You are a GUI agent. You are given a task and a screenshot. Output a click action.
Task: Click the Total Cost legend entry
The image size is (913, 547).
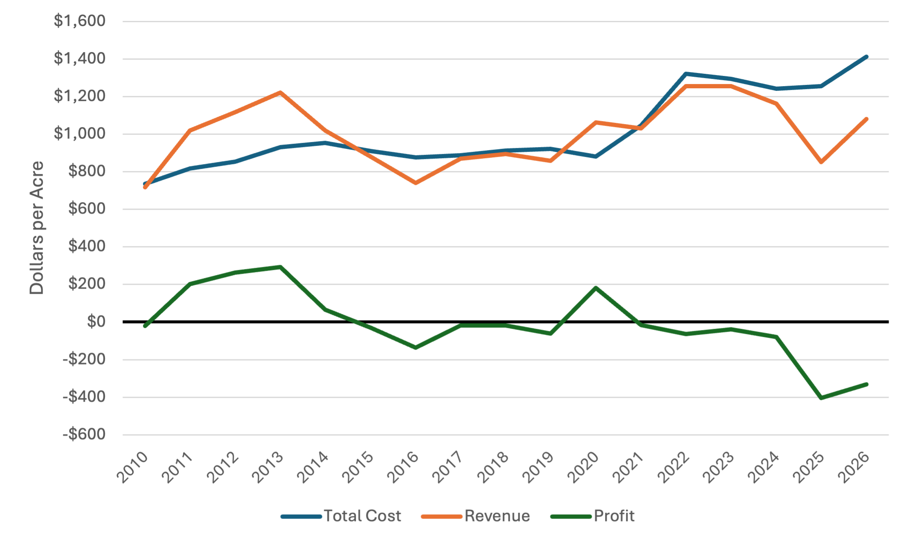coord(341,516)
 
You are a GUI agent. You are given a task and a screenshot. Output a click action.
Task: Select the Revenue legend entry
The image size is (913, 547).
coord(475,516)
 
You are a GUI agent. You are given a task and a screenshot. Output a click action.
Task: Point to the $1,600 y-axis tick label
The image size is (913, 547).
coord(79,21)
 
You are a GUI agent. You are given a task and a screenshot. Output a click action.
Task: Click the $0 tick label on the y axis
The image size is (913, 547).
coord(96,321)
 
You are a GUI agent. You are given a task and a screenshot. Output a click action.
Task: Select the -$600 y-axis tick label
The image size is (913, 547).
coord(84,434)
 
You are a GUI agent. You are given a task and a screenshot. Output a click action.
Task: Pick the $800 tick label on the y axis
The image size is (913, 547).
coord(87,171)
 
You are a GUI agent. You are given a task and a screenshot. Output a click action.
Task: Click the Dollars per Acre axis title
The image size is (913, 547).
coord(37,228)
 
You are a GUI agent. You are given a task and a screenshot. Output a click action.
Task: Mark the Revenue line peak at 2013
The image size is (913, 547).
coord(280,92)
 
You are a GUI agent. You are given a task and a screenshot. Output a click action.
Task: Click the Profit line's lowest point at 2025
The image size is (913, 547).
coord(821,398)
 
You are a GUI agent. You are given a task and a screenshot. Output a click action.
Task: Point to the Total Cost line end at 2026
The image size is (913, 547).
coord(866,57)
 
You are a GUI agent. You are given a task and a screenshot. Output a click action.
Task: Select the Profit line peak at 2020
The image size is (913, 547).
coord(596,288)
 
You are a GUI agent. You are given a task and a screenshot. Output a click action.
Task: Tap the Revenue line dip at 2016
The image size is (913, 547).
coord(416,183)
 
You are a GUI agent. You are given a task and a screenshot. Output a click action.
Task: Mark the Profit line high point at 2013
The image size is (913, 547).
coord(280,267)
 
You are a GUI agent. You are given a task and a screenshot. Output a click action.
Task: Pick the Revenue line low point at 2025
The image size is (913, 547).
coord(821,162)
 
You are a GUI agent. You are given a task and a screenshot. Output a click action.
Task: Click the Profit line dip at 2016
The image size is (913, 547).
coord(416,347)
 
